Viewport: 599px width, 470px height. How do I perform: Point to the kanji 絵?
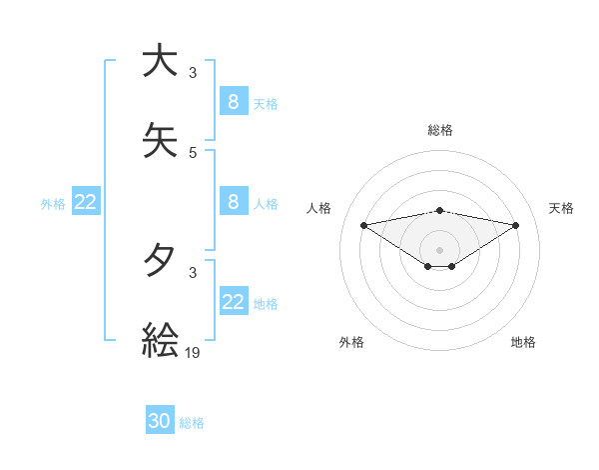(160, 340)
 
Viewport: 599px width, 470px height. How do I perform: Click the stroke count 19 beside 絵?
(194, 351)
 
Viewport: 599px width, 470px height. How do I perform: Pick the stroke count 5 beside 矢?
(193, 152)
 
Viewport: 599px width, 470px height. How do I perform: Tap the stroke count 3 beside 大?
(193, 72)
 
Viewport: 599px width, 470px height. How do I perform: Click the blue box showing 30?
(160, 421)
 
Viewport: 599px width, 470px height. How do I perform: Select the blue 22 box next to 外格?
(86, 202)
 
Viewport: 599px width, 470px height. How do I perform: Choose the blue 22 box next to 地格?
(234, 302)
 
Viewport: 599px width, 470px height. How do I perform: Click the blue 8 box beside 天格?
(234, 101)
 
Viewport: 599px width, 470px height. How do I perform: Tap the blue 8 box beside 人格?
(234, 202)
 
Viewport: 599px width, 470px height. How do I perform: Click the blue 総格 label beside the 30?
(192, 423)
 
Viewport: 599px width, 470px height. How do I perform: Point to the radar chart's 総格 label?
(439, 130)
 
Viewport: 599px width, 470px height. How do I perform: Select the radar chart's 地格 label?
(523, 342)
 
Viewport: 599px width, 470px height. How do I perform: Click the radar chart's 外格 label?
(351, 342)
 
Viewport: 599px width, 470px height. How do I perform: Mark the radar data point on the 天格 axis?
(516, 225)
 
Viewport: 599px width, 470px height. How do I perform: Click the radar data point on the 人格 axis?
(363, 225)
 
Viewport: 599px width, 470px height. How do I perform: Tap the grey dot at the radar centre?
(439, 250)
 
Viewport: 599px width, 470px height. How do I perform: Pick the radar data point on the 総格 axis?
(439, 210)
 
